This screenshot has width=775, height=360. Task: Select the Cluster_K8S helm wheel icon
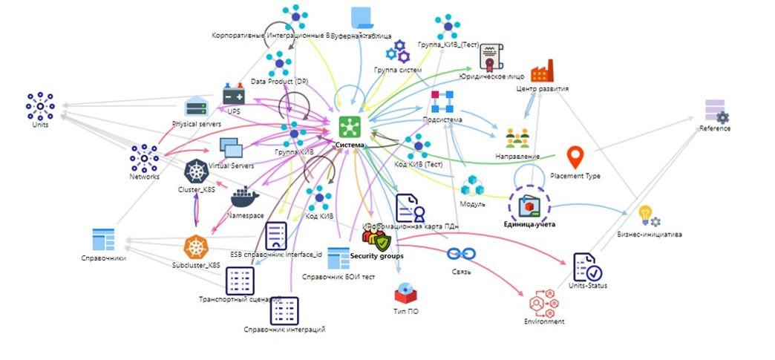pyautogui.click(x=196, y=172)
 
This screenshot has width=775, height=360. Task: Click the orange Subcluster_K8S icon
pyautogui.click(x=196, y=247)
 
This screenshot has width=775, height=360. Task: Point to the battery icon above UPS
pyautogui.click(x=234, y=96)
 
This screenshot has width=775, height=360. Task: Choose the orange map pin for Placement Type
pyautogui.click(x=575, y=158)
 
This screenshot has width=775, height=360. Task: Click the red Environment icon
pyautogui.click(x=545, y=301)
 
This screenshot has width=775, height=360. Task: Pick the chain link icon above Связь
pyautogui.click(x=460, y=254)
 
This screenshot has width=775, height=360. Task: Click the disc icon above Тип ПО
pyautogui.click(x=405, y=292)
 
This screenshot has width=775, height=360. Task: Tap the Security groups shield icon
pyautogui.click(x=376, y=240)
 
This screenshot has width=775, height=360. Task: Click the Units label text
pyautogui.click(x=40, y=125)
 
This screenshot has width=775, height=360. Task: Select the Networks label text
pyautogui.click(x=144, y=177)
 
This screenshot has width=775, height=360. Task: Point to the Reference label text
pyautogui.click(x=715, y=128)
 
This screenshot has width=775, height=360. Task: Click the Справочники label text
pyautogui.click(x=103, y=258)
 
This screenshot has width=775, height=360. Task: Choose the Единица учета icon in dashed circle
pyautogui.click(x=527, y=203)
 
